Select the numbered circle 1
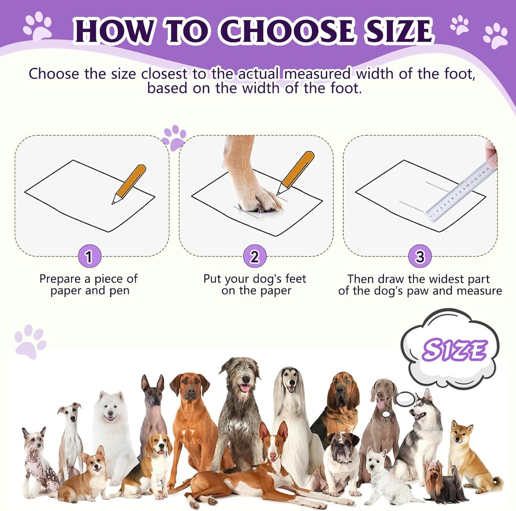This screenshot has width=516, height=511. pos(89,256)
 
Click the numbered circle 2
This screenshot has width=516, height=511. pos(255,256)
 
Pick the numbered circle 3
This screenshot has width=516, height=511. pos(420,256)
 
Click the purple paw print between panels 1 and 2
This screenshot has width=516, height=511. pos(174,137)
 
